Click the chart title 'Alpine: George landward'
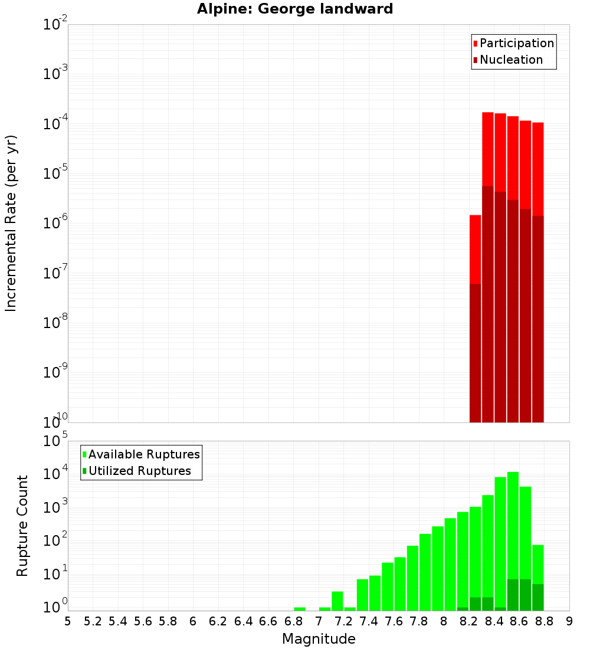pos(294,9)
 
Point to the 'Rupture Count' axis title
pos(22,526)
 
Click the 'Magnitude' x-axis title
pos(319,639)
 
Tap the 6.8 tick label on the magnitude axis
pos(293,622)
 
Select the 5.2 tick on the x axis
pos(93,622)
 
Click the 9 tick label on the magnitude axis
pos(569,622)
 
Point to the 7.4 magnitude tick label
pos(369,622)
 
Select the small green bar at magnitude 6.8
pos(300,609)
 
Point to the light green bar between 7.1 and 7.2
pos(337,601)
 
